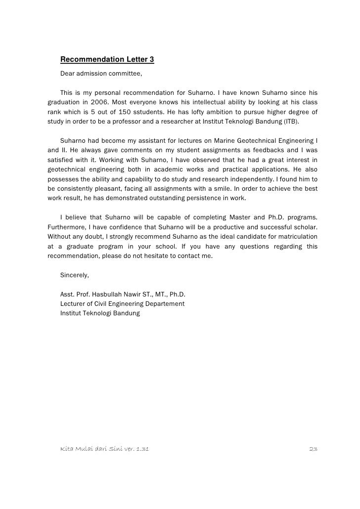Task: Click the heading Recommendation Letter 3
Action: [x=107, y=60]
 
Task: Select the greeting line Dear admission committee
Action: [x=101, y=74]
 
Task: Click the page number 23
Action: [x=313, y=449]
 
